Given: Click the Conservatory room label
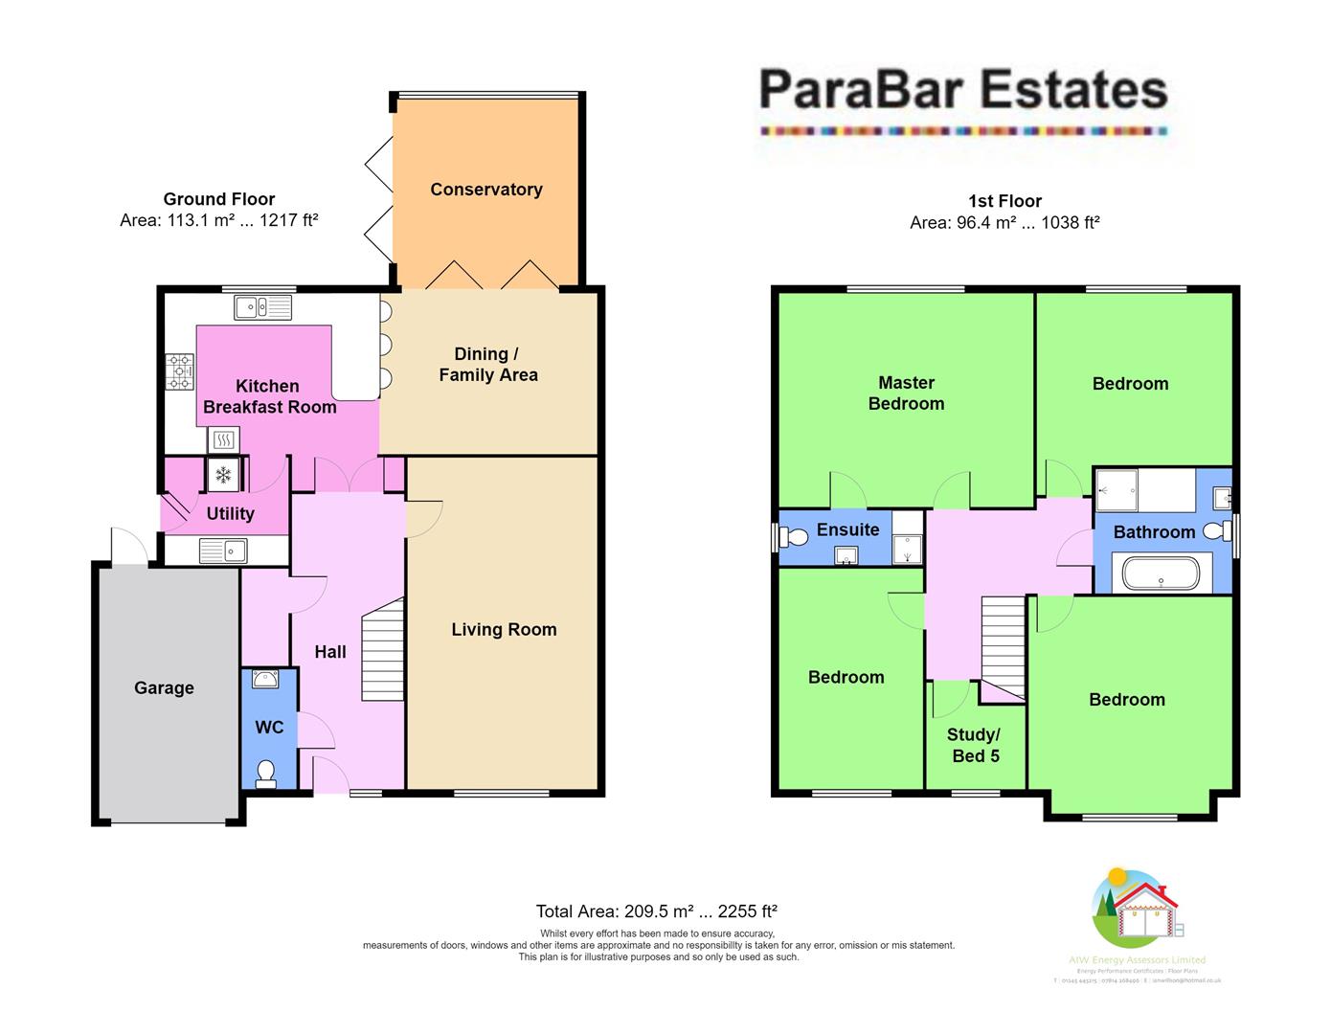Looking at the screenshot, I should [x=486, y=190].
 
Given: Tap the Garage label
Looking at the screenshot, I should [x=164, y=687].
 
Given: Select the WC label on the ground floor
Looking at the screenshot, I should [x=269, y=728].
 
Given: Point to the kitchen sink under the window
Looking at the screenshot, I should [x=262, y=306].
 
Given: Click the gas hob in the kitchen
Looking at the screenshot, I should [x=180, y=372].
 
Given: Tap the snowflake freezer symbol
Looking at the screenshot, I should [x=224, y=475].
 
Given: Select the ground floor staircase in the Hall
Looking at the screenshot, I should [x=382, y=651].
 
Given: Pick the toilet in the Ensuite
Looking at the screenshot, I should [x=794, y=538].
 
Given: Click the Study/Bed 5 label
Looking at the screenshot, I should [x=974, y=745].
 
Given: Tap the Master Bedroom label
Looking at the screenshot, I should [x=906, y=393].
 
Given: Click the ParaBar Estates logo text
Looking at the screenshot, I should [x=963, y=91].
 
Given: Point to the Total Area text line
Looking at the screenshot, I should [x=656, y=911].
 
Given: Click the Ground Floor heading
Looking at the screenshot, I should [x=219, y=199].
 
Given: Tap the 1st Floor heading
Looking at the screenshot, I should [x=1004, y=201].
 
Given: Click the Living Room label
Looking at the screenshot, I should [x=504, y=629].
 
